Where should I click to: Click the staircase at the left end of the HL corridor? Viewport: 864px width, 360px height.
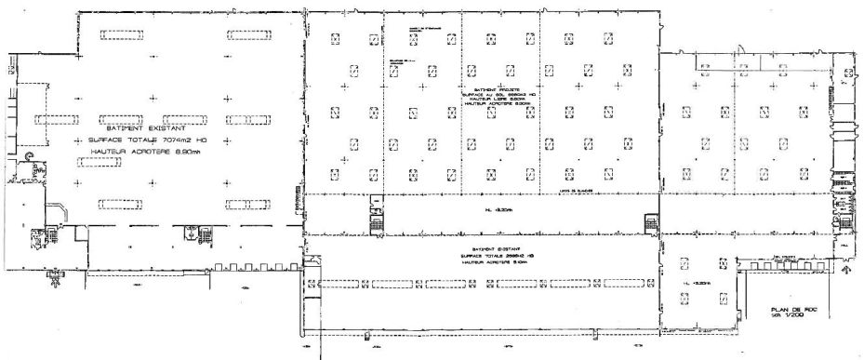coord(377,214)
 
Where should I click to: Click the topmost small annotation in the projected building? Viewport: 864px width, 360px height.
coord(419,31)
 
